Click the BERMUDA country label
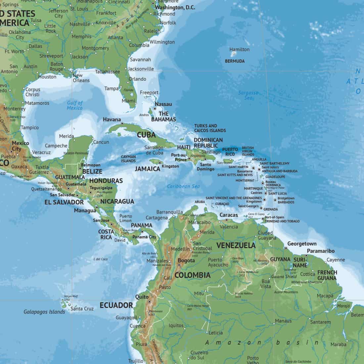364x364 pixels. click(x=235, y=61)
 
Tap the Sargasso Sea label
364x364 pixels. click(x=248, y=95)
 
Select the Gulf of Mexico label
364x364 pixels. click(x=75, y=105)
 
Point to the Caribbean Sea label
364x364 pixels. click(x=183, y=186)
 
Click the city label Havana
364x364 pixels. click(x=112, y=119)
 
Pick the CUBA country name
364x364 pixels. click(x=146, y=135)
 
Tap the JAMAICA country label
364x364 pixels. click(x=147, y=169)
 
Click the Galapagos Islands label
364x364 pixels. click(x=44, y=312)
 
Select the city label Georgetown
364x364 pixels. click(x=302, y=244)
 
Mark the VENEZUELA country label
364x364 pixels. click(x=236, y=245)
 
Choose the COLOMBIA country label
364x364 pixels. click(x=192, y=275)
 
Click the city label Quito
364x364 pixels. click(x=142, y=297)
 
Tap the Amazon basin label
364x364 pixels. click(x=261, y=343)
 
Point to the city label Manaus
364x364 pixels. click(x=283, y=321)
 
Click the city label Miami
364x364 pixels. click(x=128, y=101)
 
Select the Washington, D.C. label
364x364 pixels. click(x=175, y=7)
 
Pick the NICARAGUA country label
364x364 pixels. click(x=117, y=201)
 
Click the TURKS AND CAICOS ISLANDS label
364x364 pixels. click(x=210, y=128)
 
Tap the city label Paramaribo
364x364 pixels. click(x=321, y=251)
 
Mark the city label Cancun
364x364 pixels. click(x=101, y=142)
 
